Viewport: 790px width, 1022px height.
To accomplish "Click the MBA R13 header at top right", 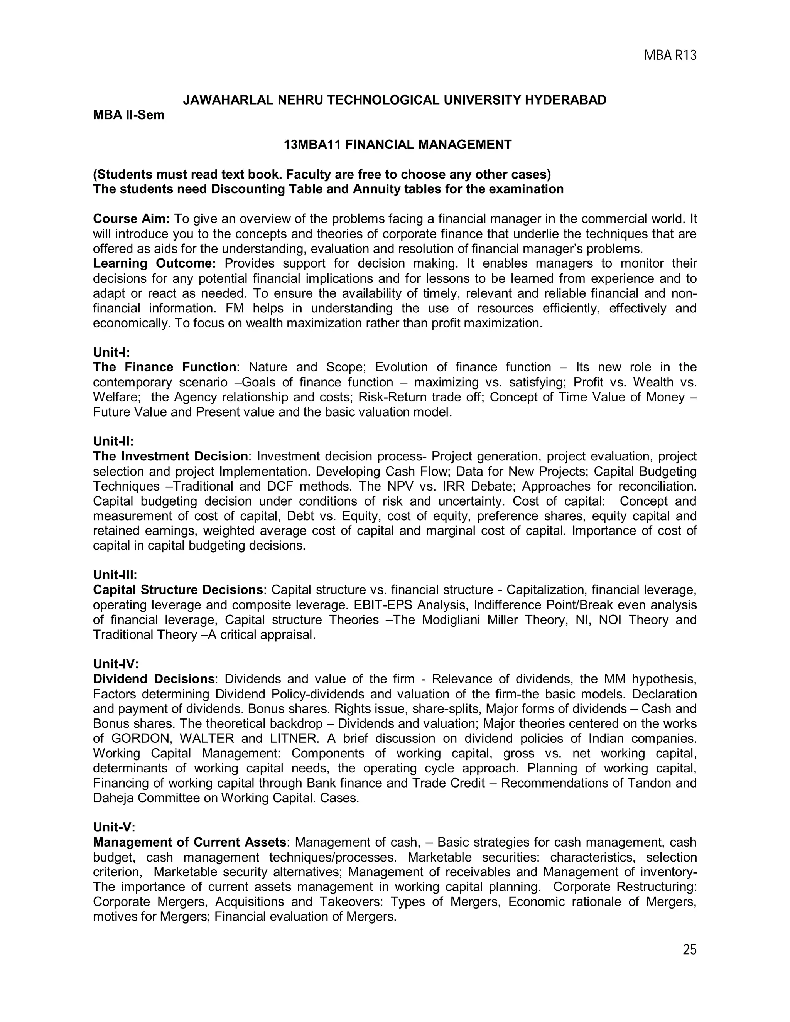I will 670,56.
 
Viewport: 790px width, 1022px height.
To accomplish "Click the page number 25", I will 689,949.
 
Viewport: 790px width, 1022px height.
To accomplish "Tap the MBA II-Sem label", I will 129,115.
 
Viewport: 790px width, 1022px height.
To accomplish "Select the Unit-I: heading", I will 111,352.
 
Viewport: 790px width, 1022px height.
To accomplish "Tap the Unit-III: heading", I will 115,575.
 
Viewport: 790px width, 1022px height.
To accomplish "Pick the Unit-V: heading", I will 114,828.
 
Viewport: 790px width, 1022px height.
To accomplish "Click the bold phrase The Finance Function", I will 164,367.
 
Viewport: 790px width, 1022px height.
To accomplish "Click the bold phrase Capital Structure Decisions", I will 178,590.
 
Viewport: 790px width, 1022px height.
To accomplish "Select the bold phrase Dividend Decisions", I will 154,679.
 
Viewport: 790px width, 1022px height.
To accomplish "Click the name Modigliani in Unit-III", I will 451,620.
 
